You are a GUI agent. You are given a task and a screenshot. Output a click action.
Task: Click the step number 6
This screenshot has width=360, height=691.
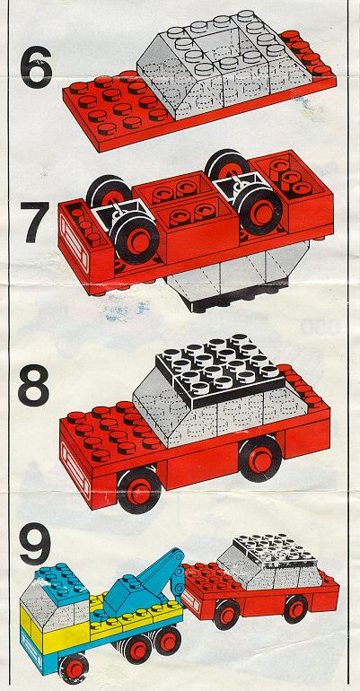tap(36, 68)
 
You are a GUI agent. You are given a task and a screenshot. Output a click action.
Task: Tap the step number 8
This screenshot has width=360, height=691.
tap(33, 384)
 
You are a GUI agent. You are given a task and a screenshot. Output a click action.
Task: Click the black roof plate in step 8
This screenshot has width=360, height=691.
tap(219, 370)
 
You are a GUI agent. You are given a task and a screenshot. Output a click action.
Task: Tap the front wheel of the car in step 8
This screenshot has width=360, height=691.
tap(139, 490)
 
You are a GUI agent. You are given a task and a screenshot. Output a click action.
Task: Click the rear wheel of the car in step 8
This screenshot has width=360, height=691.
tap(260, 459)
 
